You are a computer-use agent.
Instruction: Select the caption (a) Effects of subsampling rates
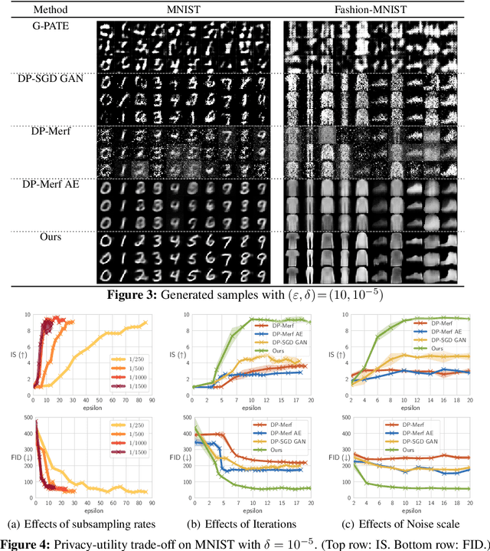click(85, 523)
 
